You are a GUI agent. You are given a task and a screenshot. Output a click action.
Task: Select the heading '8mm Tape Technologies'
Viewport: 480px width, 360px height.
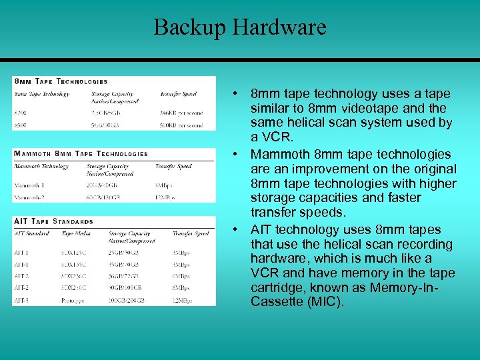point(60,81)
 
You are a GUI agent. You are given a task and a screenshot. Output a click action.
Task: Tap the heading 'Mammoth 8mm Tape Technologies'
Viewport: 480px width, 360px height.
point(81,153)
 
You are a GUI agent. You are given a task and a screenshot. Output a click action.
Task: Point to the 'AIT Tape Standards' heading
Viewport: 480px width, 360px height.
point(53,221)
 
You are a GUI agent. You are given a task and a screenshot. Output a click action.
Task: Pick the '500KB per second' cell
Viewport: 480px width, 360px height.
point(181,125)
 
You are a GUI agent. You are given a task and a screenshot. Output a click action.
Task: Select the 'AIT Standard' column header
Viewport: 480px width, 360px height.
point(31,233)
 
